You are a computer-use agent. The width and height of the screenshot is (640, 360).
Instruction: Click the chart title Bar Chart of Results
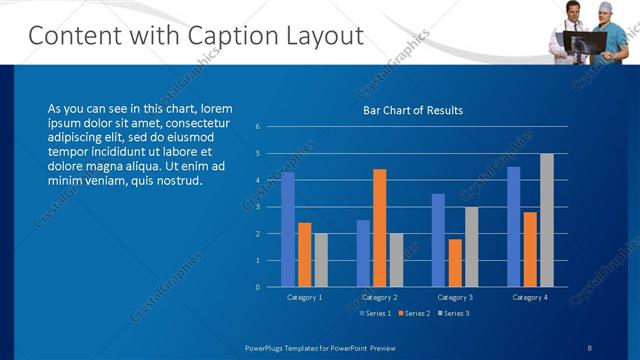tap(412, 110)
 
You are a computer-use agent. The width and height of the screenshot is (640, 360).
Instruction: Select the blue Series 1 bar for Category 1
tap(288, 230)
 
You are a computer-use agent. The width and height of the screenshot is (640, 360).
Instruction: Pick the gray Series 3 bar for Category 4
tap(546, 220)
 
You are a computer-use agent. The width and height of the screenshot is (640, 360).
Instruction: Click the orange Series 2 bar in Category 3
tap(455, 263)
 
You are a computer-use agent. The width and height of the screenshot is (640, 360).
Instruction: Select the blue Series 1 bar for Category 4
tap(514, 227)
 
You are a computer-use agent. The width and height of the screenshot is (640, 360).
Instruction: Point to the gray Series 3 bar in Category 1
tap(320, 260)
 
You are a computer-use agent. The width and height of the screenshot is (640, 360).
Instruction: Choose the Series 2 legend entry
tap(412, 314)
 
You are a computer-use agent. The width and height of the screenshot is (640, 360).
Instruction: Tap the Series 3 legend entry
tap(453, 314)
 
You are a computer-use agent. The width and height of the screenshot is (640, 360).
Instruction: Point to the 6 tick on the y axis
tap(258, 127)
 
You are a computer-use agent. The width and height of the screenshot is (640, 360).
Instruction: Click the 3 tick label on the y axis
tap(258, 207)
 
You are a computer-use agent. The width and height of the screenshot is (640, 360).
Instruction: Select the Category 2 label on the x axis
tap(379, 297)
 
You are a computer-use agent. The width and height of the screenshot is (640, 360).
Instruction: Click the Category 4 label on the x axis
tap(530, 297)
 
